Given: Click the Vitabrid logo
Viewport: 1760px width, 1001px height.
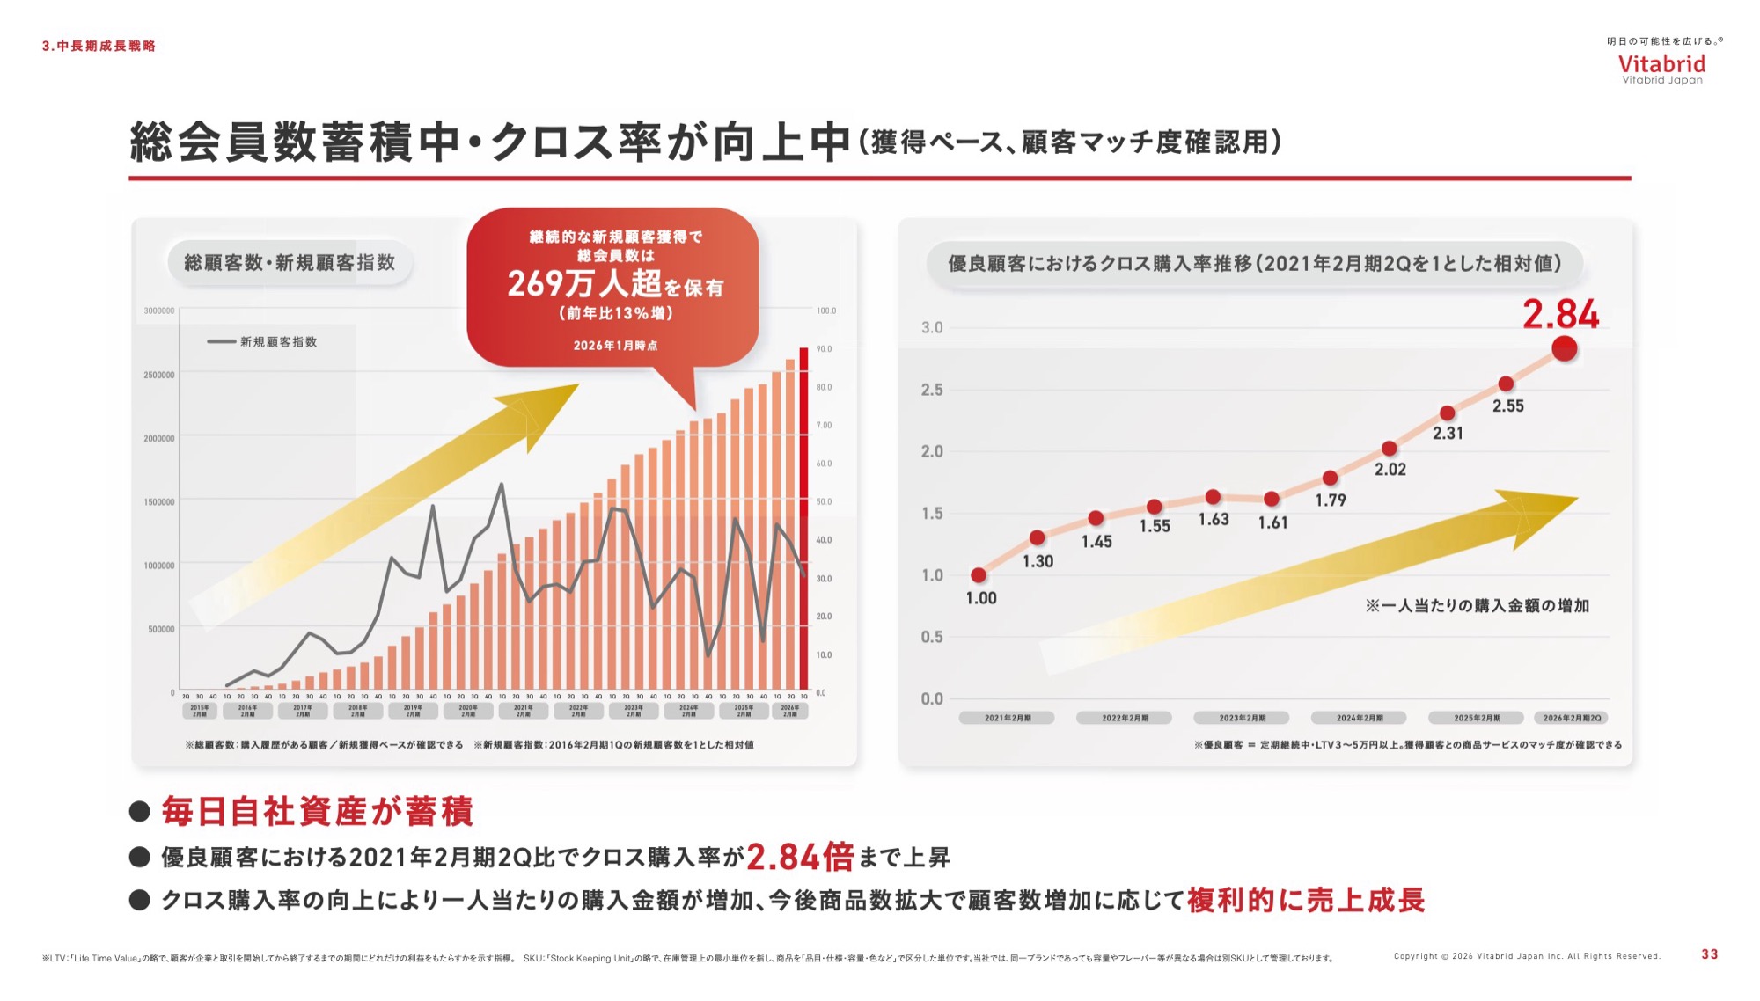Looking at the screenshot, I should click(x=1661, y=65).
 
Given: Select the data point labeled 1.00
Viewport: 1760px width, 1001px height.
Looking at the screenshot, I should click(x=979, y=575).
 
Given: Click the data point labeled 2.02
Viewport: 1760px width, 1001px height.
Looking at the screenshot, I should click(x=1389, y=449).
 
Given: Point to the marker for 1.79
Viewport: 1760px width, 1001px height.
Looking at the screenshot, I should click(x=1330, y=478).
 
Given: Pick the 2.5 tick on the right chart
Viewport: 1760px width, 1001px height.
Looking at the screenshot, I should click(x=931, y=390).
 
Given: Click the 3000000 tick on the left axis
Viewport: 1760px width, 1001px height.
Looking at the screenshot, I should click(x=159, y=311).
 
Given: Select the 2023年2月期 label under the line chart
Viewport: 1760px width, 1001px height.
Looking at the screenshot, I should click(x=1242, y=718).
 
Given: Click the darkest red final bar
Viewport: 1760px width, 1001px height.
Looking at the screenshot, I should click(x=803, y=519).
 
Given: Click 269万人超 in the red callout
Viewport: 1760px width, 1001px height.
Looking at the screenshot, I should click(x=584, y=283).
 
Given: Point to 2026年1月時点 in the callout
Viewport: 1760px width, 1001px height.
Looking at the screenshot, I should click(x=615, y=346).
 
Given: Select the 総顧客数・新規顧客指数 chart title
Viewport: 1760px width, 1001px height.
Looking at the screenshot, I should click(x=290, y=262).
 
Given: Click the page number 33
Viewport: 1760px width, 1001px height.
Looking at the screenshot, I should click(x=1709, y=954).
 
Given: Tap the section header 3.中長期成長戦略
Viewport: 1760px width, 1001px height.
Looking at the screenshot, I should click(x=99, y=46).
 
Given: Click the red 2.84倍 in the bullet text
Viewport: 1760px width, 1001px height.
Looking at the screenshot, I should click(x=800, y=857).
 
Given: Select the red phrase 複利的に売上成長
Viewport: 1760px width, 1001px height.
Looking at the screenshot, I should click(x=1305, y=900).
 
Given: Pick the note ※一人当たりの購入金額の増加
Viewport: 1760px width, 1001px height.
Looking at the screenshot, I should click(x=1477, y=605).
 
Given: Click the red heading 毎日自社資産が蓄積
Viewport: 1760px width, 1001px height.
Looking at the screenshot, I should click(x=317, y=811).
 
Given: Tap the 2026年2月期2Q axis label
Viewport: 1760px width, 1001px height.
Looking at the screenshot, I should click(x=1572, y=718).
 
